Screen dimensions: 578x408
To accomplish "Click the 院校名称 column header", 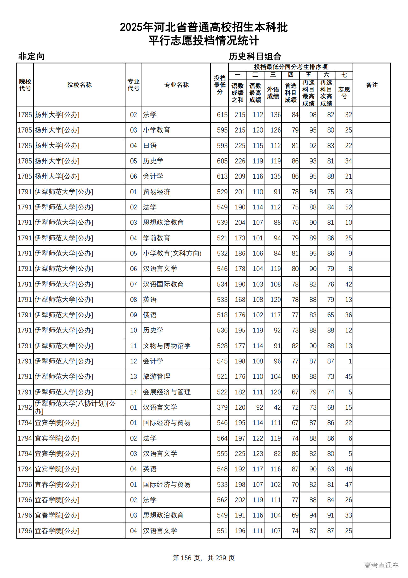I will coord(79,85).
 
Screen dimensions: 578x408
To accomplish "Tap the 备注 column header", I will coord(372,85).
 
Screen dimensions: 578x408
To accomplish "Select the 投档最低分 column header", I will coord(220,85).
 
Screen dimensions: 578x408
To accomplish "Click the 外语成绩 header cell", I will coord(273,93).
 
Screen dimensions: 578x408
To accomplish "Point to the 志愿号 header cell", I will coord(344,93).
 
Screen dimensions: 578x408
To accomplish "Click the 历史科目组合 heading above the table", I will coord(255,57).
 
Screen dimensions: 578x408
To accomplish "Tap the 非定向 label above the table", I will coord(31,57).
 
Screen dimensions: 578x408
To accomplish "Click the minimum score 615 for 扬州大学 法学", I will coord(222,115).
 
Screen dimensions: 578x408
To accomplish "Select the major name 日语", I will coord(150,146).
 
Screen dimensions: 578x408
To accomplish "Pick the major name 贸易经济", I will coord(157,192).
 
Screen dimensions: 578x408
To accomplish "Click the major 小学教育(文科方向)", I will coord(172,254).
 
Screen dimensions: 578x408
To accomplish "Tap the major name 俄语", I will coord(150,315).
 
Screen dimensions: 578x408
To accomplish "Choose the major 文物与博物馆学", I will coord(167,346).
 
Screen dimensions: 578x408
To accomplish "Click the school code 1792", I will coord(25,407).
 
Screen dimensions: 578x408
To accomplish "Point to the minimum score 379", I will coord(222,407).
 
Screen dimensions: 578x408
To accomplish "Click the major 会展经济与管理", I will coord(167,392).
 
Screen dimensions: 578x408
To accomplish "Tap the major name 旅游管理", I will coord(157,377).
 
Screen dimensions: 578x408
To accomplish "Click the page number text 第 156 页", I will coord(186,558).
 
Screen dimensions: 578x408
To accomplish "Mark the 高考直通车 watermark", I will coord(381,565).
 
